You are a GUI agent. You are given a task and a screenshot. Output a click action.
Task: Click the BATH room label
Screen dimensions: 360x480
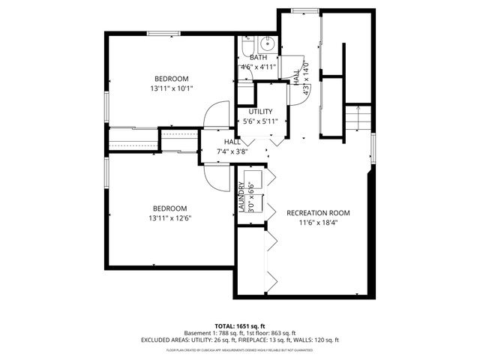pos(258,58)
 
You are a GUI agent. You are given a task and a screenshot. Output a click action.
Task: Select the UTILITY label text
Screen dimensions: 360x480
pos(260,112)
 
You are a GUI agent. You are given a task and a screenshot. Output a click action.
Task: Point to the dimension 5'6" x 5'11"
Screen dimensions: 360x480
pos(260,121)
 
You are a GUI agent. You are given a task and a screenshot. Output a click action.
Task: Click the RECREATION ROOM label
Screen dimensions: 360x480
pos(318,213)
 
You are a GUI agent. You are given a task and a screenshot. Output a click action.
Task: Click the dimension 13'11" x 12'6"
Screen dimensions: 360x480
pos(170,218)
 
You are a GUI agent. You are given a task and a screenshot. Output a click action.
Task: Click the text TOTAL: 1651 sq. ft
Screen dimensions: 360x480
pos(239,325)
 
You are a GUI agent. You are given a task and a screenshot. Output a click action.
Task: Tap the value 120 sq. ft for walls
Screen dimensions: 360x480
pos(323,340)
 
